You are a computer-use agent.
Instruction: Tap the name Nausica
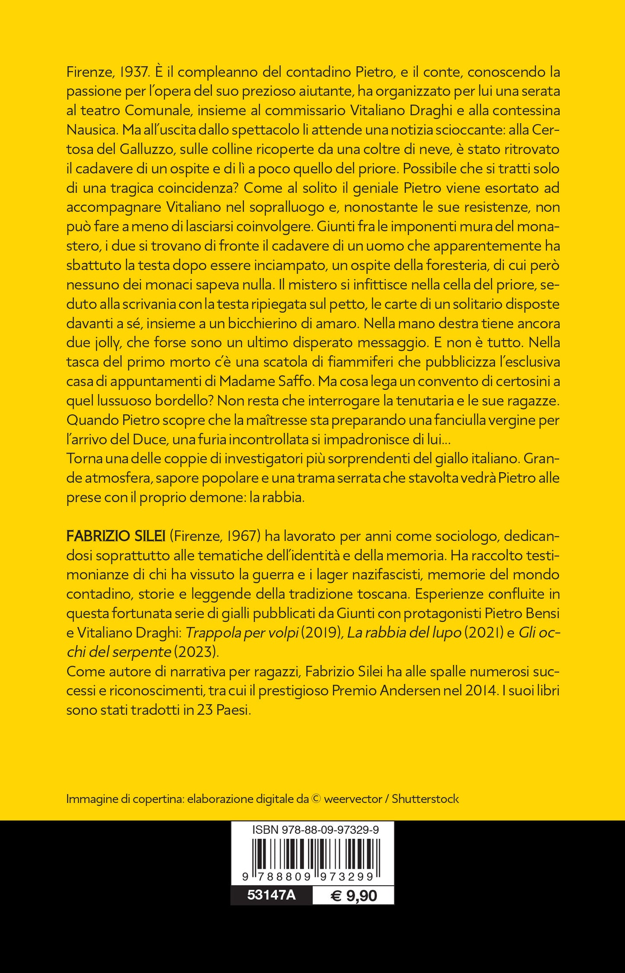(x=91, y=130)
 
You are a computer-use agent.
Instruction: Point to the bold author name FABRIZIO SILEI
(x=116, y=536)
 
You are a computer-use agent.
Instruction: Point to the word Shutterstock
(x=425, y=799)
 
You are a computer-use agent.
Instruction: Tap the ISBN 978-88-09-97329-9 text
(x=316, y=830)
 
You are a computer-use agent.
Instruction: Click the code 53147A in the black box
(x=271, y=895)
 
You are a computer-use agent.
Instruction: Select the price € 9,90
(x=354, y=895)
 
